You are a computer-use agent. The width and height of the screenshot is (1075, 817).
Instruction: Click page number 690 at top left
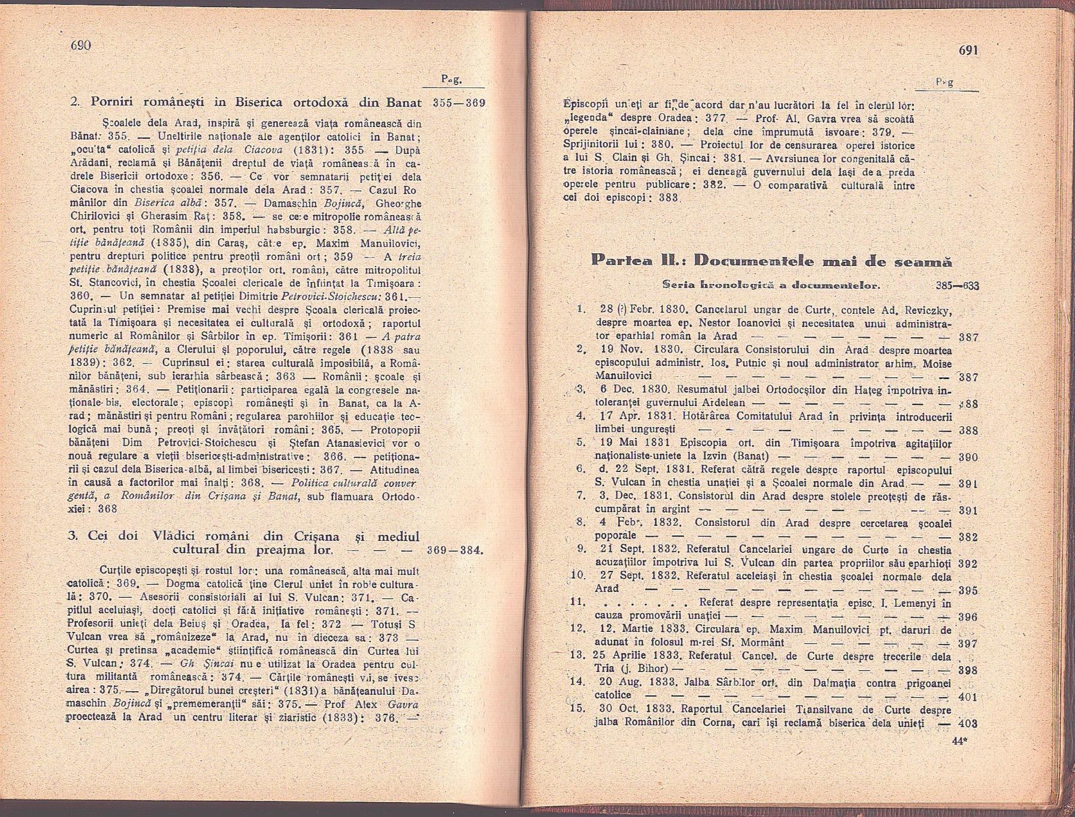pyautogui.click(x=80, y=46)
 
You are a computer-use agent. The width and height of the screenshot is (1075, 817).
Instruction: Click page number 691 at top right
pyautogui.click(x=968, y=50)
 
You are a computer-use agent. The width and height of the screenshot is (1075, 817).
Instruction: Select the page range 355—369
pyautogui.click(x=459, y=103)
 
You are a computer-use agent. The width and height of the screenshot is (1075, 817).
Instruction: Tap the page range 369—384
pyautogui.click(x=455, y=550)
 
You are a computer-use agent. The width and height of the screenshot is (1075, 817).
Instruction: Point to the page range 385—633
pyautogui.click(x=957, y=286)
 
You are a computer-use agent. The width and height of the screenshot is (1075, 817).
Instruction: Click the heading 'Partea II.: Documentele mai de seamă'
pyautogui.click(x=771, y=261)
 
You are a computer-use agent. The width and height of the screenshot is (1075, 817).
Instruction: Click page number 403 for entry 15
pyautogui.click(x=968, y=724)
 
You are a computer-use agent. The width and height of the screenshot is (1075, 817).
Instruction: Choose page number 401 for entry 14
pyautogui.click(x=968, y=697)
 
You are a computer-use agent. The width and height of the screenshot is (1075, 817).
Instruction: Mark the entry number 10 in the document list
pyautogui.click(x=578, y=576)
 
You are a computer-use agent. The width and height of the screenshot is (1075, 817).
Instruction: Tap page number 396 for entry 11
pyautogui.click(x=968, y=617)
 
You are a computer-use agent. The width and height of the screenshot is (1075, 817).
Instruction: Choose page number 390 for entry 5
pyautogui.click(x=968, y=458)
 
